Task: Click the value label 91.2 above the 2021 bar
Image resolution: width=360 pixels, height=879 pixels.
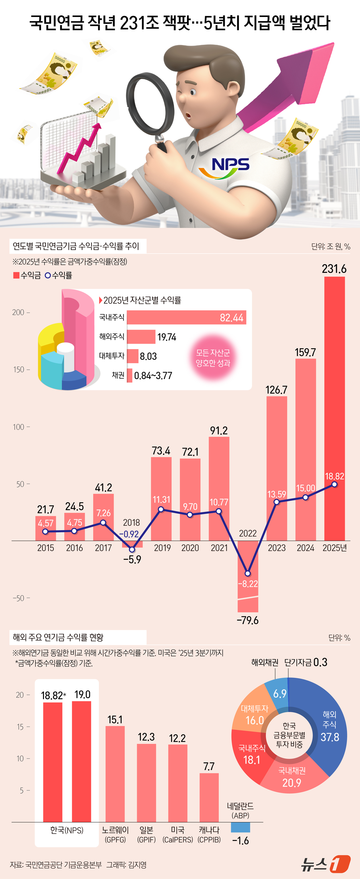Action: pyautogui.click(x=219, y=431)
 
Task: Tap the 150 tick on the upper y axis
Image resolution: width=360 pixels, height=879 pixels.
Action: pyautogui.click(x=19, y=370)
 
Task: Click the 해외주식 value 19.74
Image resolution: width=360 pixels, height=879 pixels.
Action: pyautogui.click(x=167, y=337)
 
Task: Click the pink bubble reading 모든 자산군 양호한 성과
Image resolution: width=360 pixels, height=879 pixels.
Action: pyautogui.click(x=213, y=358)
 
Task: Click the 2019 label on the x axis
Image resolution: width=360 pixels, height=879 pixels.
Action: pyautogui.click(x=162, y=548)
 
